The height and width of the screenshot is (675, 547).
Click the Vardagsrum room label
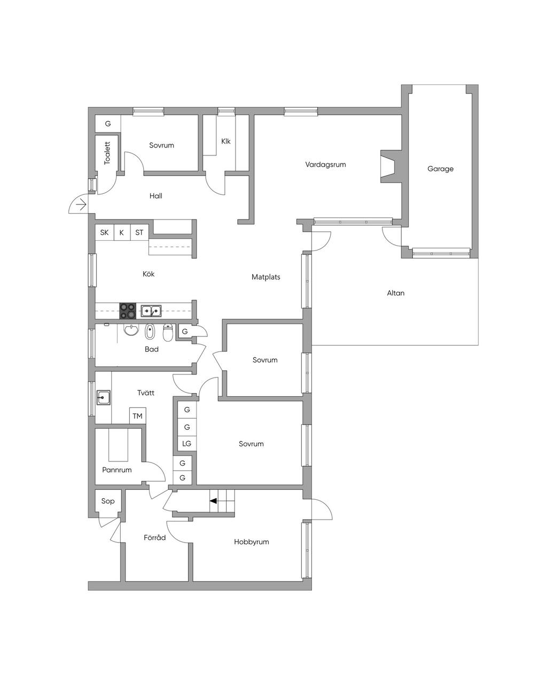(325, 164)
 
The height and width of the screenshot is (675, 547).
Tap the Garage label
(440, 169)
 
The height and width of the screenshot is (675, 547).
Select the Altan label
(395, 293)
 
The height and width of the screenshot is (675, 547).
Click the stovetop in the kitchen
(128, 311)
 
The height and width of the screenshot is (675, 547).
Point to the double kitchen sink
(151, 311)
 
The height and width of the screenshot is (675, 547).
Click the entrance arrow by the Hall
(81, 204)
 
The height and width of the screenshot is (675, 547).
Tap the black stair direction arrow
(213, 501)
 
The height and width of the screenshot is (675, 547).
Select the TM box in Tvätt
(137, 416)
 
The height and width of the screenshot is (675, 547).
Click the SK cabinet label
(104, 233)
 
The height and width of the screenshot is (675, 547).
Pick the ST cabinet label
(139, 233)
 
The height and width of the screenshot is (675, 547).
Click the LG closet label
(186, 443)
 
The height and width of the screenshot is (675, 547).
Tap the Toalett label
(107, 153)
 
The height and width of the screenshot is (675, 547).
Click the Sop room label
(108, 501)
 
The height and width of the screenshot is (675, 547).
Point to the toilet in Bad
(168, 333)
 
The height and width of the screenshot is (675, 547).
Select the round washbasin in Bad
(131, 330)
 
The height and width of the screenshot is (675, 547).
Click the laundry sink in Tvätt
(103, 397)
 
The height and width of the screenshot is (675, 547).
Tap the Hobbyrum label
(251, 542)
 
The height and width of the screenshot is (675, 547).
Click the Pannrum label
(116, 470)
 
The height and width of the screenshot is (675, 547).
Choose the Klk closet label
(225, 141)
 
